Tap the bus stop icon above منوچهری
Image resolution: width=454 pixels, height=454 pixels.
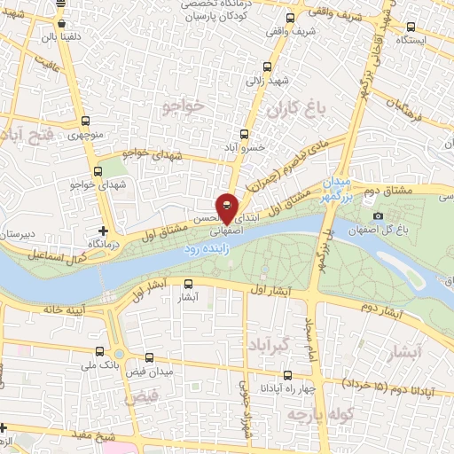pos(84,122)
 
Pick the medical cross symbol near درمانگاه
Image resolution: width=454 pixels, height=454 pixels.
pos(103,231)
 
